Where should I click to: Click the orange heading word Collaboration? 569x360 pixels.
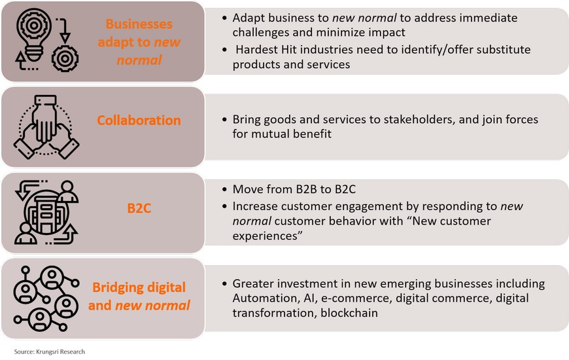point(139,120)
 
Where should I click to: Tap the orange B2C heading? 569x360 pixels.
point(139,208)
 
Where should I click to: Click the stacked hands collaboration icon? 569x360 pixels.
point(46,127)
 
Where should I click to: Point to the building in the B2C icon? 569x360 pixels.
point(46,214)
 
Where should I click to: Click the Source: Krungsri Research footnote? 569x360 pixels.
point(49,351)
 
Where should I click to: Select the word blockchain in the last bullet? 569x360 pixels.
point(349,313)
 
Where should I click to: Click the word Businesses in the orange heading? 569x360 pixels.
point(139,24)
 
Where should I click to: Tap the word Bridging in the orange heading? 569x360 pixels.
point(116,287)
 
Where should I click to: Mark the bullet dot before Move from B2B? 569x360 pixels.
point(225,190)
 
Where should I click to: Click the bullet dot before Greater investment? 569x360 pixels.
point(225,283)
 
